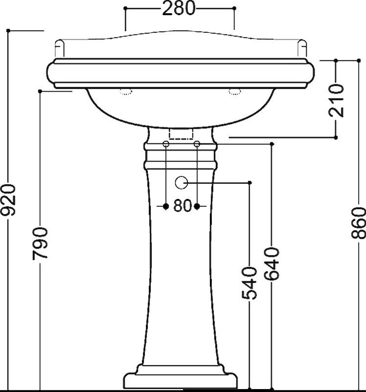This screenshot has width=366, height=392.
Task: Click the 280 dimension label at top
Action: click(x=178, y=8)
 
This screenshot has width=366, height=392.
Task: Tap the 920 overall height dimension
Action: click(x=8, y=200)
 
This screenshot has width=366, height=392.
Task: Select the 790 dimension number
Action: click(x=40, y=243)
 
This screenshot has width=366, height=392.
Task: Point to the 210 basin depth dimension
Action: click(x=336, y=100)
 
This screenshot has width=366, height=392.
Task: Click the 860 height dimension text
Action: click(x=359, y=223)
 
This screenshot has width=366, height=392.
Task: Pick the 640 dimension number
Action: click(x=272, y=264)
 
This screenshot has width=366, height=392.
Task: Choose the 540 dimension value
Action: click(x=249, y=283)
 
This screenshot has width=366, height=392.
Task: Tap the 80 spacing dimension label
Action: click(x=182, y=206)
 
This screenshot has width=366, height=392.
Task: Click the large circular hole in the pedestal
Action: click(x=181, y=182)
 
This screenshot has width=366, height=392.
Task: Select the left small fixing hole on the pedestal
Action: click(x=166, y=144)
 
